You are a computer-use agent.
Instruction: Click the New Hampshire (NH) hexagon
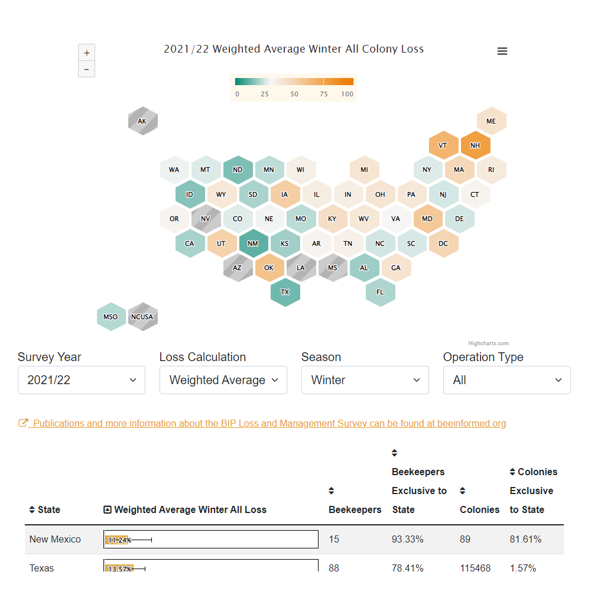pyautogui.click(x=475, y=145)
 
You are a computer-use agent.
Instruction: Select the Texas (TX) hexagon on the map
pyautogui.click(x=285, y=292)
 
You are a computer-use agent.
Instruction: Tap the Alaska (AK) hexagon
pyautogui.click(x=142, y=121)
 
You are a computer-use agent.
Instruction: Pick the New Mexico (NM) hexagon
pyautogui.click(x=253, y=243)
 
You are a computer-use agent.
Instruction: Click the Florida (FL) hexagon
pyautogui.click(x=380, y=292)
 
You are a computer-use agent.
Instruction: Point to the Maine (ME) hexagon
pyautogui.click(x=491, y=121)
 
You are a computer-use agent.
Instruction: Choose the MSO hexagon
pyautogui.click(x=111, y=317)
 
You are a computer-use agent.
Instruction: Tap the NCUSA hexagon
pyautogui.click(x=142, y=317)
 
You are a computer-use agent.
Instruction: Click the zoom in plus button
pyautogui.click(x=87, y=53)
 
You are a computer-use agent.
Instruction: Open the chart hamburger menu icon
pyautogui.click(x=502, y=51)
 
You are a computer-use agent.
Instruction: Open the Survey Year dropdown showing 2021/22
pyautogui.click(x=82, y=380)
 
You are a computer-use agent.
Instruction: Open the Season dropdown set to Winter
pyautogui.click(x=365, y=380)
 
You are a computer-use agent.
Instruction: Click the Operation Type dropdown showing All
pyautogui.click(x=507, y=380)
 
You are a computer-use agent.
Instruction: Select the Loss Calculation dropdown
pyautogui.click(x=223, y=380)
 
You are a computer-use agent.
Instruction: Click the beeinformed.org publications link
pyautogui.click(x=269, y=423)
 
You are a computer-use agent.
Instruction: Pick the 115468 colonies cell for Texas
pyautogui.click(x=475, y=568)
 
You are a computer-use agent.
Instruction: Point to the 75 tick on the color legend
pyautogui.click(x=324, y=94)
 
